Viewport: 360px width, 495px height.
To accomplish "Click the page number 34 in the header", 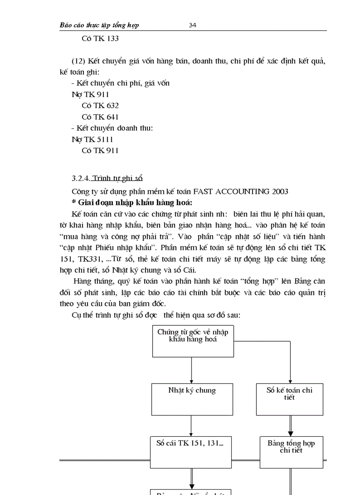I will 192,25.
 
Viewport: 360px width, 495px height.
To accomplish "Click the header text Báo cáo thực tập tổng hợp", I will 99,25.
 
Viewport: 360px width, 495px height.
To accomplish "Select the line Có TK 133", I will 100,38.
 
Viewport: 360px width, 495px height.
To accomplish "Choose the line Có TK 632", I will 100,106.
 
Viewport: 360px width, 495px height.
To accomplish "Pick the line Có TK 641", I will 100,117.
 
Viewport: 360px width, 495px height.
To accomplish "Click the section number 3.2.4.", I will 81,179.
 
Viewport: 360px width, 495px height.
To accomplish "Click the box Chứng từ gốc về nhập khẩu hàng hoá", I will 193,341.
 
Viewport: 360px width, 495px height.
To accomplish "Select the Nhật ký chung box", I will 192,399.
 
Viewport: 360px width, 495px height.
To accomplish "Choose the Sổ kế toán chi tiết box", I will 289,399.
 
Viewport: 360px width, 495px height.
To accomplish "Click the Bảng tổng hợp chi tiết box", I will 291,452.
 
